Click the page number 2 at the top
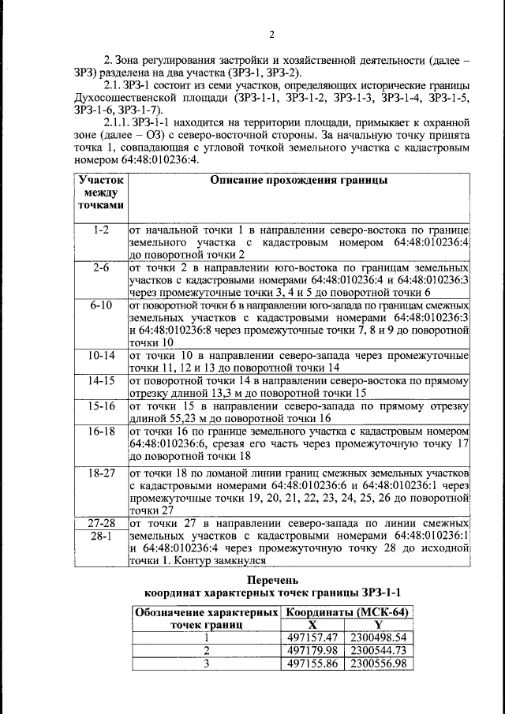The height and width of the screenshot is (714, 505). click(271, 34)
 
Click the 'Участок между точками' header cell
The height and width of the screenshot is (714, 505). click(100, 193)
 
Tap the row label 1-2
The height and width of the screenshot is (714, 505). click(100, 230)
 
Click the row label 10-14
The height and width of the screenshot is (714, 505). click(100, 356)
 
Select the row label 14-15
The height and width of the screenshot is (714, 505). click(100, 381)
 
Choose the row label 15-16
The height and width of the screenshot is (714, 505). click(100, 406)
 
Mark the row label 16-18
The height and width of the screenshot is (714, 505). click(100, 432)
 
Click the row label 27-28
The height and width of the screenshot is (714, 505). click(100, 523)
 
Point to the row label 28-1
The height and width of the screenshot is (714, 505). click(100, 536)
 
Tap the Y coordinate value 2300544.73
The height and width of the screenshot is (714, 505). click(378, 651)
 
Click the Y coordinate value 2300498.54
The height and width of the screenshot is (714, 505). click(378, 637)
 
